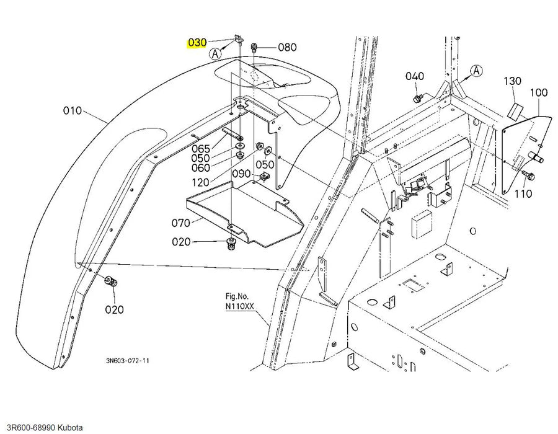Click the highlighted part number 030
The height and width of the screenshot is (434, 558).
(197, 43)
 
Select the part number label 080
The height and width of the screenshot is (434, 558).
(287, 47)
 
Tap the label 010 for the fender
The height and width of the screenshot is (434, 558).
(73, 110)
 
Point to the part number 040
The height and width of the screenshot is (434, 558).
(415, 76)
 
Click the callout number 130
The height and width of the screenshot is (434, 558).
(513, 81)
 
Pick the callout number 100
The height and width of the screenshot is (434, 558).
(539, 93)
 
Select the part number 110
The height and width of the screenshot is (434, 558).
(523, 194)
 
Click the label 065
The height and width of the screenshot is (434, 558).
(201, 148)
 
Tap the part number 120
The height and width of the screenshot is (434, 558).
(200, 182)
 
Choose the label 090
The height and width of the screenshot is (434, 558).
(241, 174)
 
